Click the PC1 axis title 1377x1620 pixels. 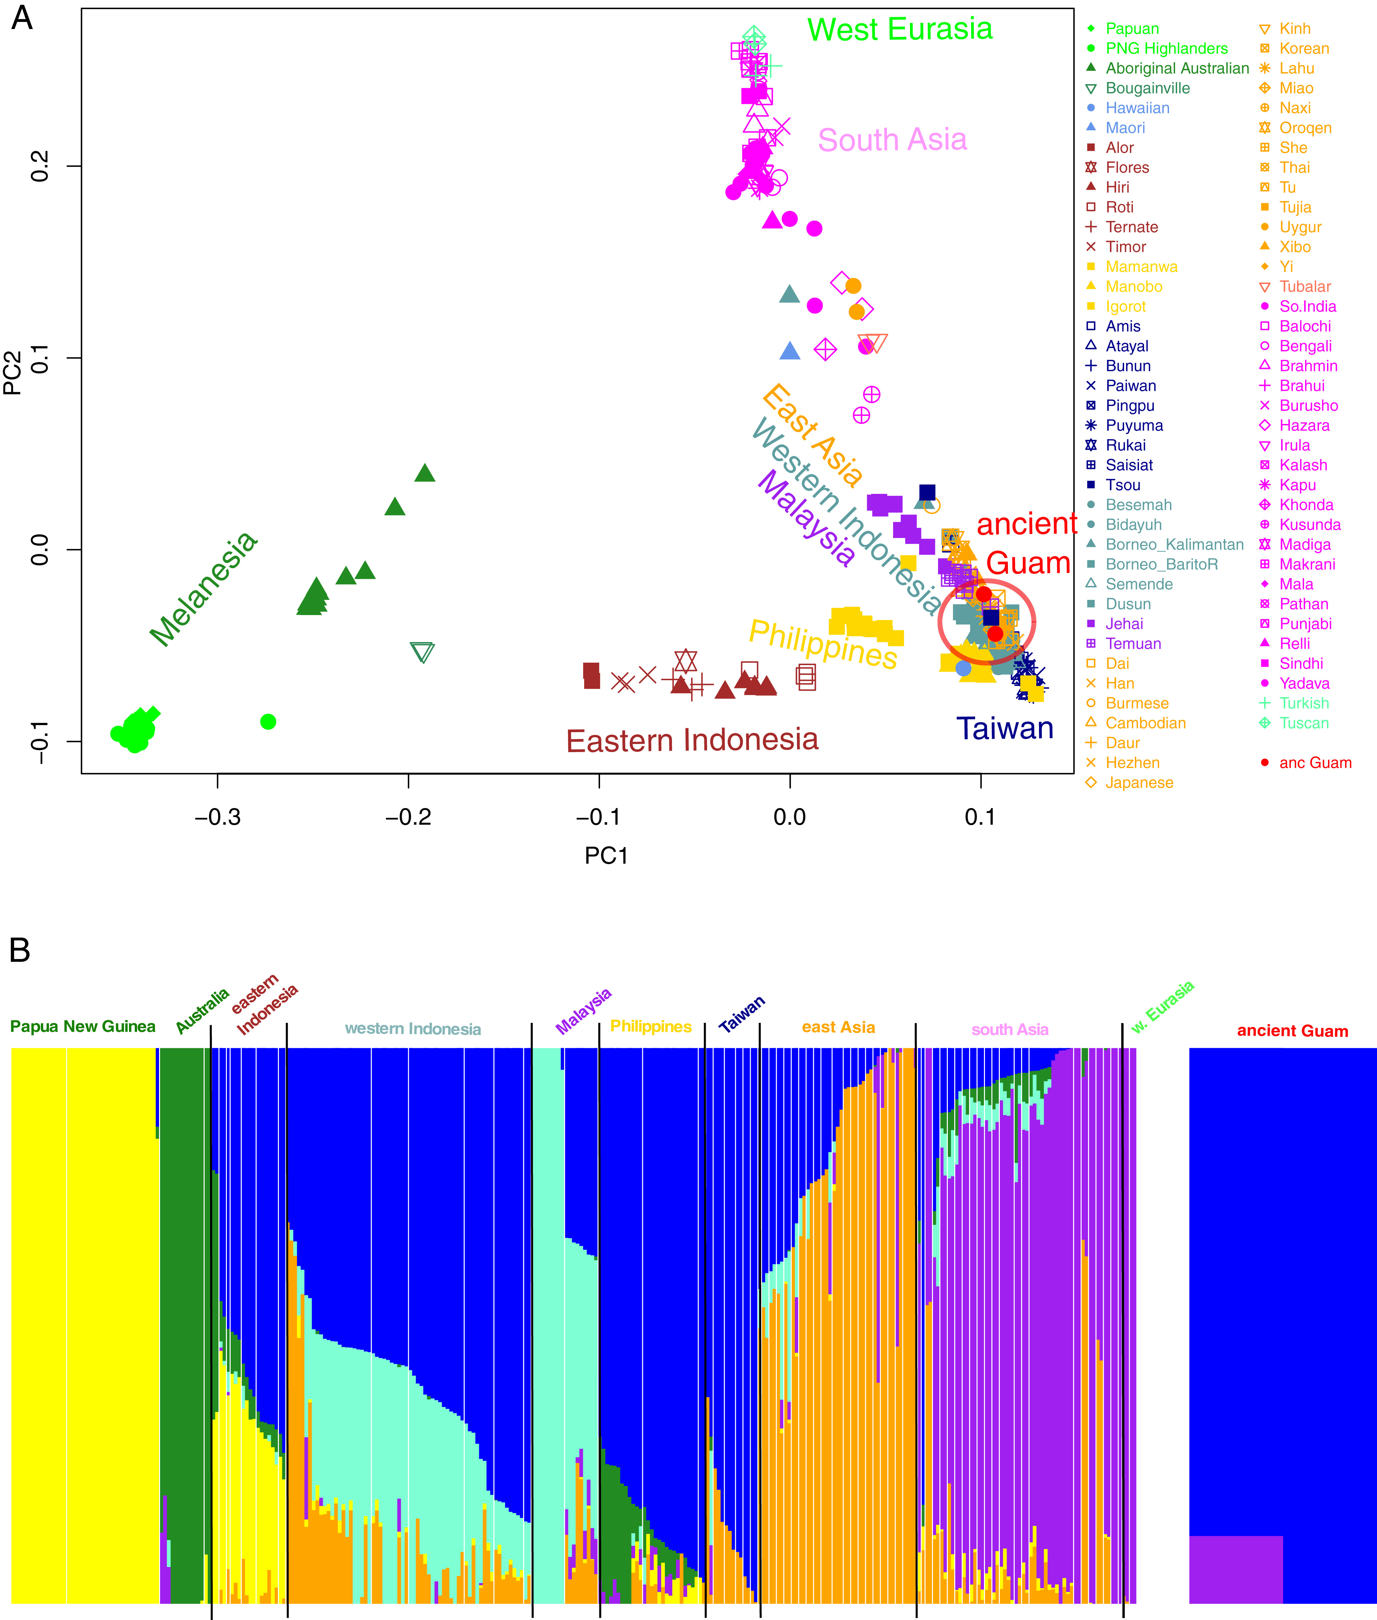click(606, 856)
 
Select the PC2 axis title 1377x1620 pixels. click(13, 373)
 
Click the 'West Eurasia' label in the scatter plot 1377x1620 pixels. click(899, 30)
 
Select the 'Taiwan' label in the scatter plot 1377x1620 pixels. click(1005, 728)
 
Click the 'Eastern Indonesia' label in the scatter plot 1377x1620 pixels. click(692, 740)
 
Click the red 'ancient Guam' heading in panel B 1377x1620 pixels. click(1292, 1031)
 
